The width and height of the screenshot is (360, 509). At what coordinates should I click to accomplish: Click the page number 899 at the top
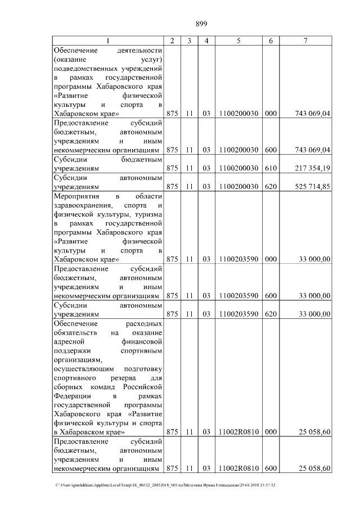pyautogui.click(x=201, y=24)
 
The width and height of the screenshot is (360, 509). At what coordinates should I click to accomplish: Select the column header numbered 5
pyautogui.click(x=238, y=40)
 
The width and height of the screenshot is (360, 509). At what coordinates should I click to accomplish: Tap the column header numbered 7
pyautogui.click(x=305, y=40)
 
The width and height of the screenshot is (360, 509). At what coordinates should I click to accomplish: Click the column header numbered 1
pyautogui.click(x=109, y=40)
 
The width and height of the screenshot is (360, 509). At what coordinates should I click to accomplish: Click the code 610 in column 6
pyautogui.click(x=271, y=168)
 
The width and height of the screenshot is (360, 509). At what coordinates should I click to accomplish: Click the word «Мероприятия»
pyautogui.click(x=76, y=196)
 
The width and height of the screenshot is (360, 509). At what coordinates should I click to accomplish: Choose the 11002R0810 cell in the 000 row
pyautogui.click(x=238, y=432)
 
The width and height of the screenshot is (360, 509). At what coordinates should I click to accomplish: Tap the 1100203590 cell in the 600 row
pyautogui.click(x=238, y=295)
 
